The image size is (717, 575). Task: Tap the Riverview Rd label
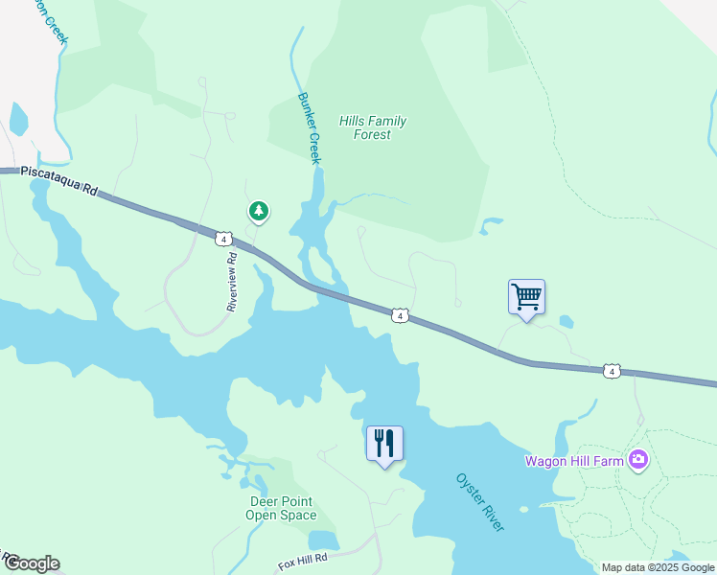click(x=231, y=283)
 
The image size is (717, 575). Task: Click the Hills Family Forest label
click(x=372, y=127)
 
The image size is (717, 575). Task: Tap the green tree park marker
click(x=257, y=211)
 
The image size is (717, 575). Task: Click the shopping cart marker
click(x=526, y=296)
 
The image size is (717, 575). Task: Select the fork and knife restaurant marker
click(x=384, y=443)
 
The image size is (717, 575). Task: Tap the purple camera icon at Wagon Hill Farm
click(x=638, y=461)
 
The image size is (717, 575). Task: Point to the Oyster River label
click(x=479, y=502)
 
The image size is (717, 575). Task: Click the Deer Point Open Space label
click(x=281, y=508)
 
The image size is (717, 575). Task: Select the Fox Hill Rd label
click(x=303, y=557)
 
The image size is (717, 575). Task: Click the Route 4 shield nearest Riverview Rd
click(x=223, y=239)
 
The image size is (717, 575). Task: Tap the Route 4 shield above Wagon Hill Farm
click(x=612, y=371)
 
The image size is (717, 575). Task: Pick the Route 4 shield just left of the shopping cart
click(x=401, y=315)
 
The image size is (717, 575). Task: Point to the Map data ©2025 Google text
click(x=658, y=567)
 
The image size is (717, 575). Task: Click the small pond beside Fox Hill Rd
click(x=323, y=540)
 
